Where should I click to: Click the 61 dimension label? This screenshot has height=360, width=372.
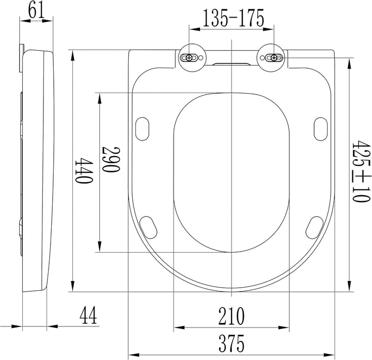point(36,10)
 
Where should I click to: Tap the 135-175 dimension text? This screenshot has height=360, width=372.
point(233,18)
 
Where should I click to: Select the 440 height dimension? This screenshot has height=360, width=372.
point(84,170)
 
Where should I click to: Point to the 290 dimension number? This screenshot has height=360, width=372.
point(111,159)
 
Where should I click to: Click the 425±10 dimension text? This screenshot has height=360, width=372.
point(361,171)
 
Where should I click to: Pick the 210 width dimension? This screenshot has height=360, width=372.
point(231,316)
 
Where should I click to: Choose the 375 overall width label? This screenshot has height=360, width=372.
point(231,343)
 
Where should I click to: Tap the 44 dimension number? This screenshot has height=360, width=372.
point(88,315)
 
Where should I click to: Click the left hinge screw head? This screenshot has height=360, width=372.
point(189,58)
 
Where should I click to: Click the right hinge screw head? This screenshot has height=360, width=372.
point(274,58)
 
